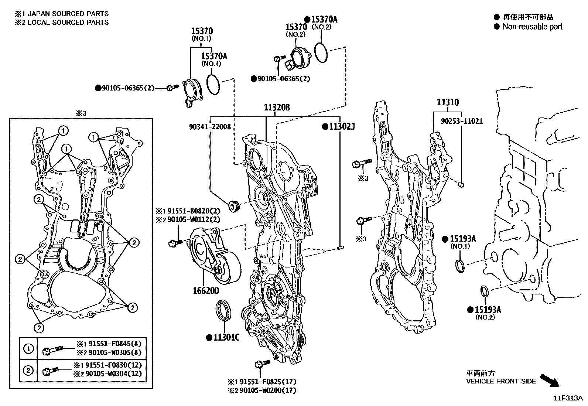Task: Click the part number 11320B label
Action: tap(277, 108)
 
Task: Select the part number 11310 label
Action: tap(448, 102)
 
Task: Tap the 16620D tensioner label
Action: tap(206, 291)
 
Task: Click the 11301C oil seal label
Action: tap(226, 337)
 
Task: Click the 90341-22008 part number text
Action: tap(209, 127)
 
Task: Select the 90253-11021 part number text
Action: tap(462, 121)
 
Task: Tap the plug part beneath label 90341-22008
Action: tap(233, 206)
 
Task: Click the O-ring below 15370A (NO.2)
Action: tap(321, 53)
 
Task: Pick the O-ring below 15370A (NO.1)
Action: tap(213, 84)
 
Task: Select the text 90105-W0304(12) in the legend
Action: tap(113, 373)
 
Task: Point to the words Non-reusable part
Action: tap(532, 27)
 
